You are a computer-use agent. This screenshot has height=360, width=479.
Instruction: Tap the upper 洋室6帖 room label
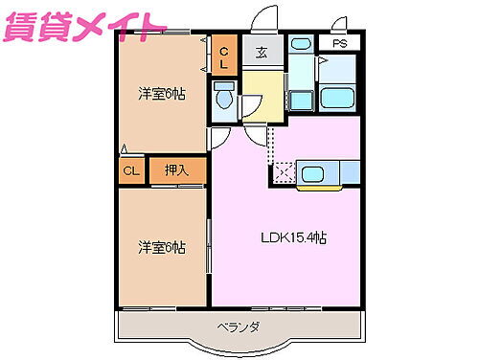pyautogui.click(x=160, y=93)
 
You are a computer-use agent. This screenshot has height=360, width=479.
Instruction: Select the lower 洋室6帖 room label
pyautogui.click(x=160, y=246)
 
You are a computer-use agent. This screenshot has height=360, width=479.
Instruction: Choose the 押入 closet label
pyautogui.click(x=177, y=171)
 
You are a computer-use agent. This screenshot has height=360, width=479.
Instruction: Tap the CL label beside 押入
pyautogui.click(x=131, y=171)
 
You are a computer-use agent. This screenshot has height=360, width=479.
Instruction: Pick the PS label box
pyautogui.click(x=339, y=44)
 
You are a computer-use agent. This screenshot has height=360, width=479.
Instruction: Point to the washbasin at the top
pyautogui.click(x=301, y=44)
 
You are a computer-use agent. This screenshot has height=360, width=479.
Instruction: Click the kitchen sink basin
pyautogui.click(x=315, y=173)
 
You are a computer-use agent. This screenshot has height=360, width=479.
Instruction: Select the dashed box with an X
pyautogui.click(x=284, y=173)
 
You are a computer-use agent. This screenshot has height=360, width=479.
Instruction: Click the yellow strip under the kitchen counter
pyautogui.click(x=318, y=187)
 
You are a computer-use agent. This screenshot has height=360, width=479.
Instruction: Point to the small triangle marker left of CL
pyautogui.click(x=125, y=148)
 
